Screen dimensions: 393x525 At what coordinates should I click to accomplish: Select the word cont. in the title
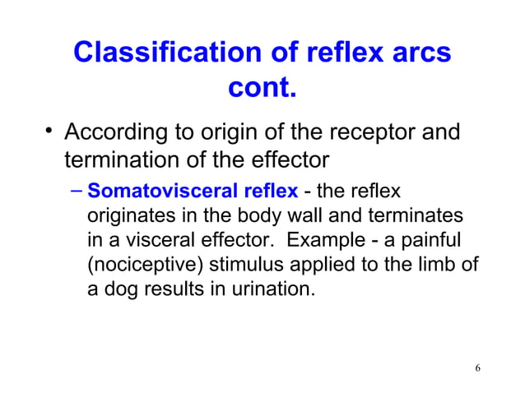click(262, 86)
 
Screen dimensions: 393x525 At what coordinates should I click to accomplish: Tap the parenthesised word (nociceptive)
click(145, 266)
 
